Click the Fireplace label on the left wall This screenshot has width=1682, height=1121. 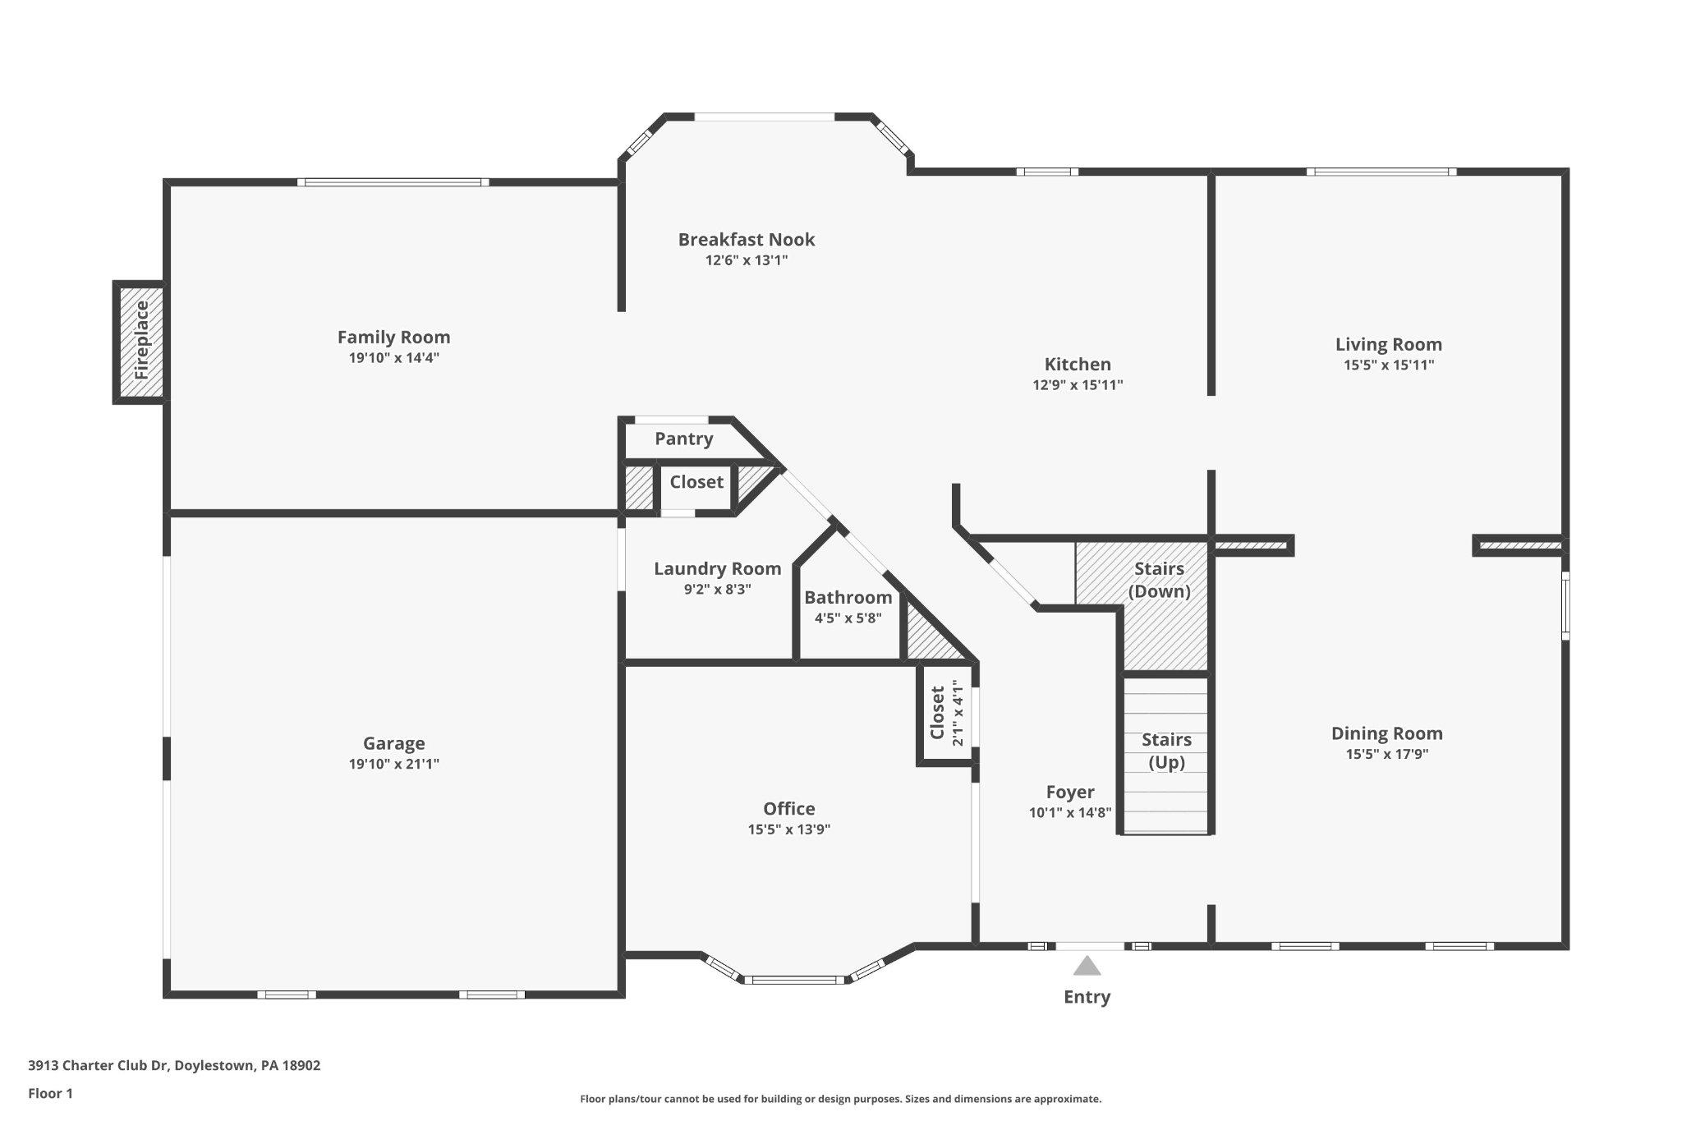point(141,340)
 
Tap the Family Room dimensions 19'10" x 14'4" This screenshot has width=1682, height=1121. point(393,358)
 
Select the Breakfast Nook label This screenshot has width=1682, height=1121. point(746,240)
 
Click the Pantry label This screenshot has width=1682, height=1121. point(683,439)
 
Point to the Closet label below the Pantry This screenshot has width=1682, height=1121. point(696,482)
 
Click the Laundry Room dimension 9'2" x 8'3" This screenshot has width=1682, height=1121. point(717,589)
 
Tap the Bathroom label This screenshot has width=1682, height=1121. point(848,598)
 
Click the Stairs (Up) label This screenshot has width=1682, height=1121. point(1166,751)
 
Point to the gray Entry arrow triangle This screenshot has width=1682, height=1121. point(1087,966)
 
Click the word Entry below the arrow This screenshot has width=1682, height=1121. point(1087,997)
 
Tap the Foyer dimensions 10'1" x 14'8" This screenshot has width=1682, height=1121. point(1069,813)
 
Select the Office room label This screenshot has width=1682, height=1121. point(788,809)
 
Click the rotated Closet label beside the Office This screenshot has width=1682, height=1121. point(937,713)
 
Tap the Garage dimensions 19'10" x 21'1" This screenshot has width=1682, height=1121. point(393,765)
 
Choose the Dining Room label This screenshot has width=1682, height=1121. point(1386,733)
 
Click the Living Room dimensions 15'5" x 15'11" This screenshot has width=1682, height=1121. point(1388,365)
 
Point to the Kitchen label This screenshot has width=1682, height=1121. point(1078,365)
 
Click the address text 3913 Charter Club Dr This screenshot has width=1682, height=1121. point(99,1065)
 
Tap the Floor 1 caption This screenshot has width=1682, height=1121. point(50,1093)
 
